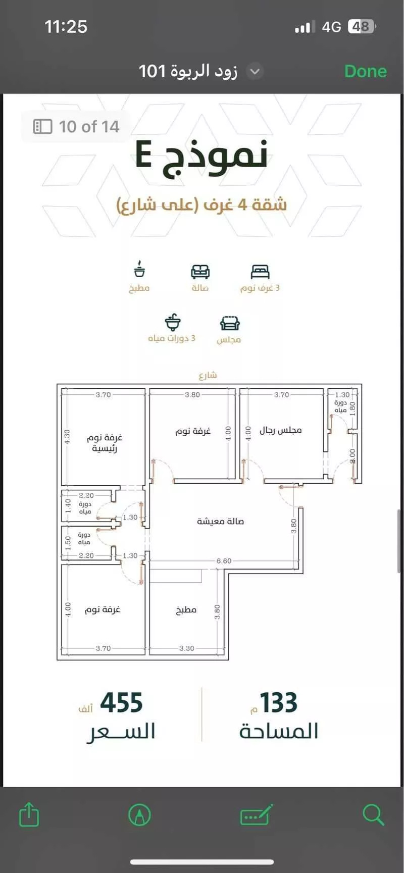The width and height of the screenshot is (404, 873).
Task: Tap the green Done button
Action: click(x=365, y=71)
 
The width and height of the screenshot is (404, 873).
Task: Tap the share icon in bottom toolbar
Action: click(x=29, y=814)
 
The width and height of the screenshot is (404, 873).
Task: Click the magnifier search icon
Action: click(x=373, y=814)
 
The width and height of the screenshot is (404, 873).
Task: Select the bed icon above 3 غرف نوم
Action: click(x=260, y=272)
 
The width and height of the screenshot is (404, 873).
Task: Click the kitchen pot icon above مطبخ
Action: click(x=139, y=269)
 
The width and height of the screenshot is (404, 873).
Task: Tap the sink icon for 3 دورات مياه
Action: click(x=173, y=322)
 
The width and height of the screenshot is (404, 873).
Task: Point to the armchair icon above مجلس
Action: click(x=230, y=323)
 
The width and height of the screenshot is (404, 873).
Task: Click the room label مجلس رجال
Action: click(x=280, y=430)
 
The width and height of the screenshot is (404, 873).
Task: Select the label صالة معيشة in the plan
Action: click(x=220, y=521)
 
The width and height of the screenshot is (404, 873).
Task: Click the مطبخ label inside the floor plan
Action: click(x=186, y=610)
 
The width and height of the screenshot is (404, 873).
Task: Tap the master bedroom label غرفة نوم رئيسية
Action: click(x=104, y=442)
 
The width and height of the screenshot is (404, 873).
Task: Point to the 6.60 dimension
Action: click(x=224, y=561)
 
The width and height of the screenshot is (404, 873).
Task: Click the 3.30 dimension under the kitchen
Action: click(x=186, y=648)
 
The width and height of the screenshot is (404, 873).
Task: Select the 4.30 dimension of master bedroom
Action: click(x=67, y=437)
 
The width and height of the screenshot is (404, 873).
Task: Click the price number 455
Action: click(x=121, y=703)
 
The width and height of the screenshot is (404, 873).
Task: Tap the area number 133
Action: click(x=278, y=703)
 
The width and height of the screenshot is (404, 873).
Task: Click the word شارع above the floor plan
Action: click(x=208, y=375)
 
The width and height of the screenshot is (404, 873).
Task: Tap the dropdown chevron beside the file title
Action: click(x=255, y=71)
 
